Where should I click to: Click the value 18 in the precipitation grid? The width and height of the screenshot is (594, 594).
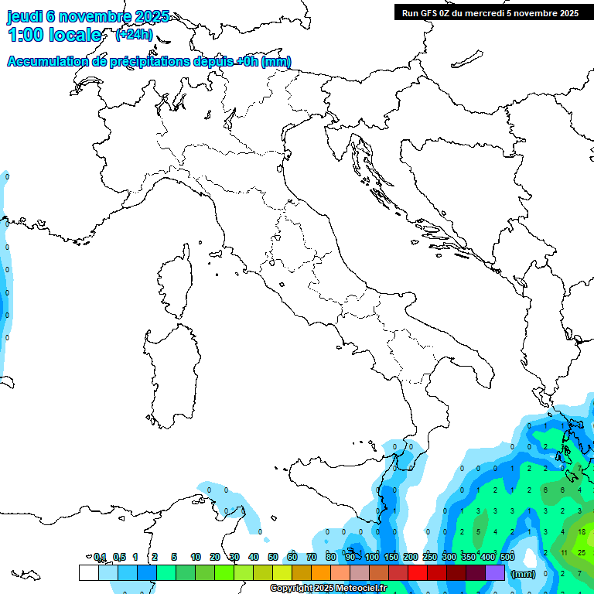click(582, 531)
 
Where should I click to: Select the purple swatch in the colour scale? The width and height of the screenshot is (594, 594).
click(495, 572)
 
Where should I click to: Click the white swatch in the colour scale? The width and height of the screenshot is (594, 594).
click(88, 572)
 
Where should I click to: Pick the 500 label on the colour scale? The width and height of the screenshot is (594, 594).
click(507, 557)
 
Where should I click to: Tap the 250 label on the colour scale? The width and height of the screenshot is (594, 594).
click(429, 557)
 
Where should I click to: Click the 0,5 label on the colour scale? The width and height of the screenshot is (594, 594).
click(119, 557)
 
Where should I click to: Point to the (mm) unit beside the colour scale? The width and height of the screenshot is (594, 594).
click(524, 574)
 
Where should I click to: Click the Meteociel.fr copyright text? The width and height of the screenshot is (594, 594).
click(328, 589)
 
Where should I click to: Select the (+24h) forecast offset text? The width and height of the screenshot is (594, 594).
click(134, 35)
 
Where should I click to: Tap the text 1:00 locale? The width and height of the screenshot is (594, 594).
click(54, 35)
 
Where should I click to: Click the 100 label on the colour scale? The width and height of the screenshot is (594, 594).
click(372, 557)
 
